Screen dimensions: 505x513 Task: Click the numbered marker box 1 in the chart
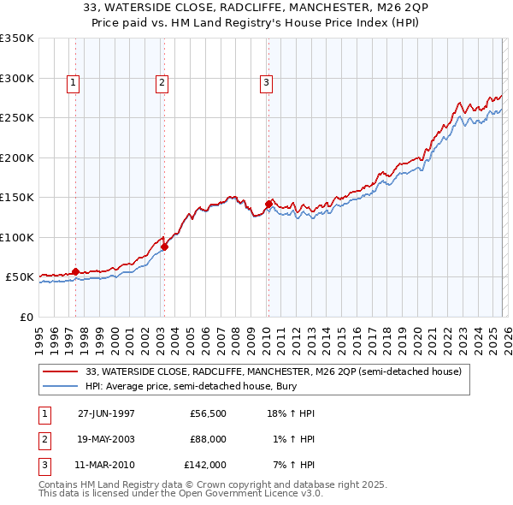(74, 83)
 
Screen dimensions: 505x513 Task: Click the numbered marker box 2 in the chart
(162, 83)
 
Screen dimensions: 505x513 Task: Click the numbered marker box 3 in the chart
(266, 83)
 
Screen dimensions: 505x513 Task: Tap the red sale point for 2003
(164, 247)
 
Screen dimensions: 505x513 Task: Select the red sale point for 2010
(268, 204)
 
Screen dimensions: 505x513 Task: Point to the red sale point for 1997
(75, 272)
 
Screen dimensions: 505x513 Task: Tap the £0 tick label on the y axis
(25, 317)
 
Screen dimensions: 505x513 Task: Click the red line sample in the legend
(60, 371)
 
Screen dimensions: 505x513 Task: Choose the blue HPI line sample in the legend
(60, 387)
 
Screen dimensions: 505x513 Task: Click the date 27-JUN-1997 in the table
(106, 413)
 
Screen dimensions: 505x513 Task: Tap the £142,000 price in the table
(205, 465)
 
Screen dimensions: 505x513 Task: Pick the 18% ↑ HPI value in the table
(290, 413)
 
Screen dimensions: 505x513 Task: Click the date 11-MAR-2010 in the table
(106, 465)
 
